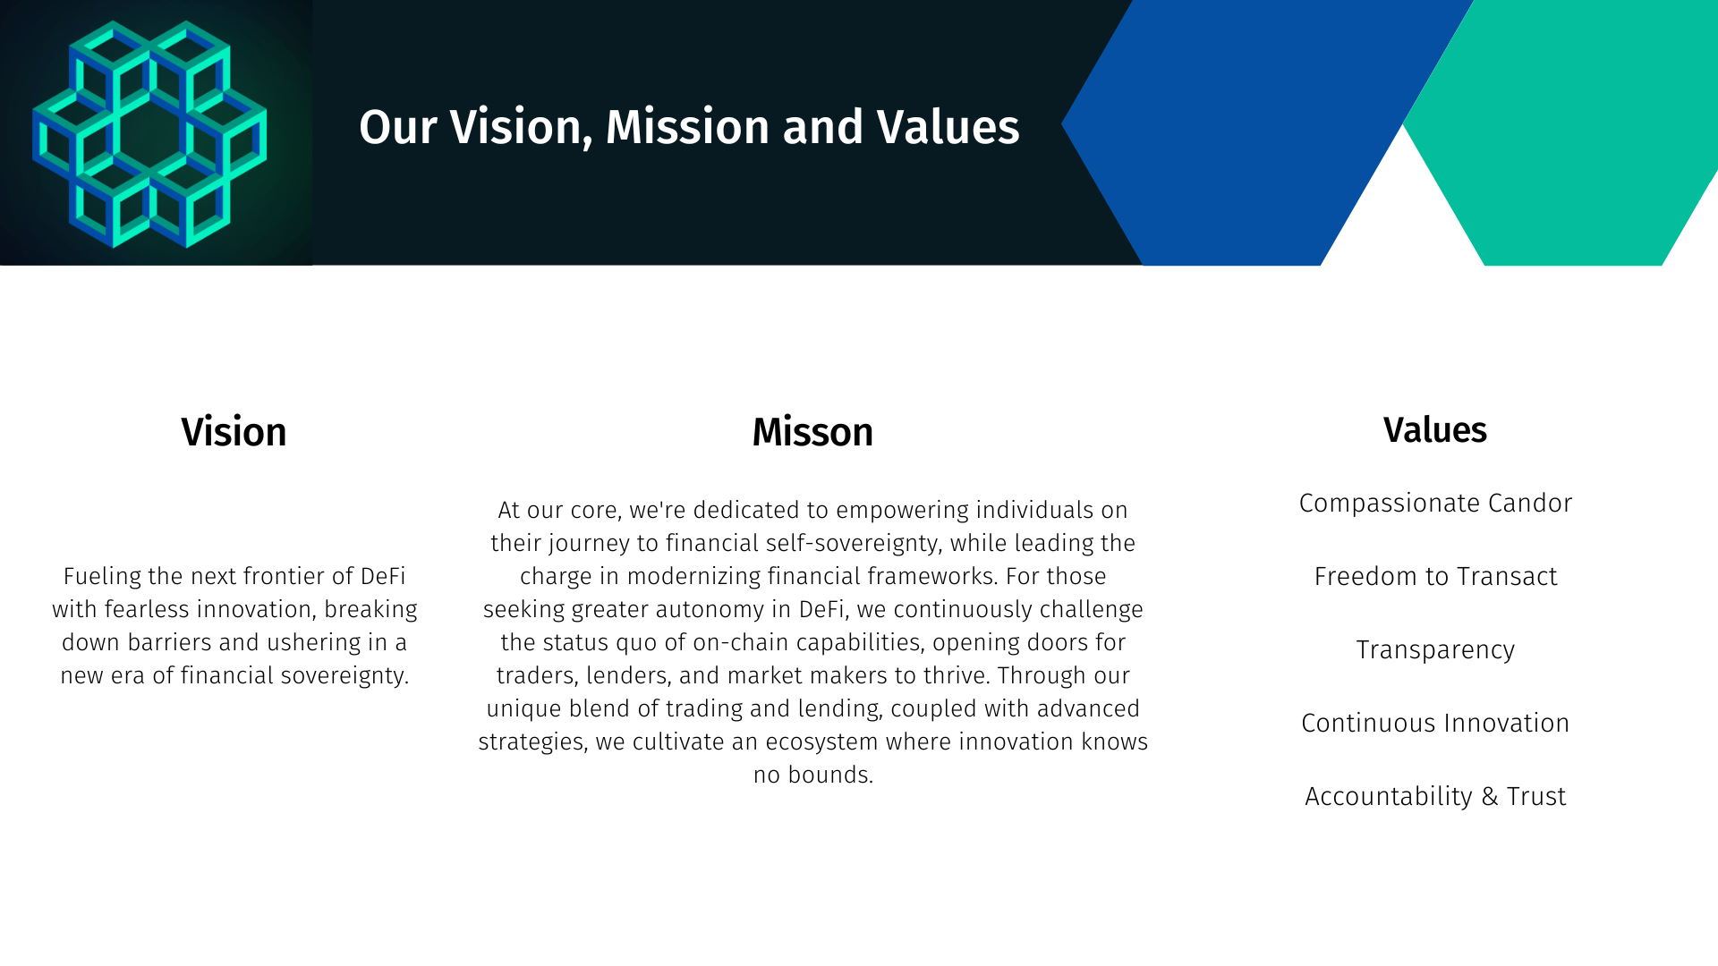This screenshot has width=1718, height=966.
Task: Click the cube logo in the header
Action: (x=149, y=133)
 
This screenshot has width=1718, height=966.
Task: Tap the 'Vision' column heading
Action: (x=234, y=432)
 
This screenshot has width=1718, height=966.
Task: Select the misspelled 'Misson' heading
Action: (x=812, y=432)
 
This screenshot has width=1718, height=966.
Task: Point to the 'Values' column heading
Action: (x=1435, y=430)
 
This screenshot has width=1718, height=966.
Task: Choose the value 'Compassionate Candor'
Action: (x=1435, y=504)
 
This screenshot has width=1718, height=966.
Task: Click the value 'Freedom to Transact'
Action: (x=1435, y=577)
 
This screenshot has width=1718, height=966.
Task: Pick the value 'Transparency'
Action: (x=1435, y=650)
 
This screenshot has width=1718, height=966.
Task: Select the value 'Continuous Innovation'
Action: (x=1435, y=723)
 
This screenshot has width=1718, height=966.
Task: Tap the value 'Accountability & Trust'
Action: (x=1435, y=796)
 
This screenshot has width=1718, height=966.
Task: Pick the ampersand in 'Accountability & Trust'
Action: (x=1490, y=797)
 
